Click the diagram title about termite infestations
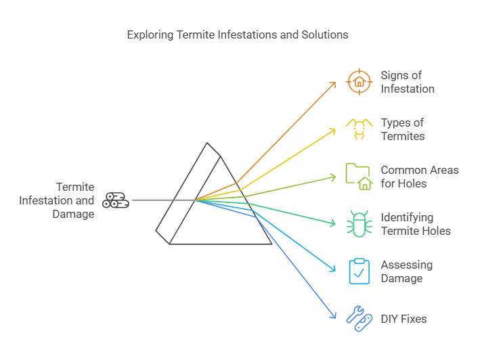[238, 35]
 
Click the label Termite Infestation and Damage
[57, 200]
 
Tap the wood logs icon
[116, 200]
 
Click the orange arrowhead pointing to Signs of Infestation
[334, 83]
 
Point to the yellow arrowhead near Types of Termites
[333, 129]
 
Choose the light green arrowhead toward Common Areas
[333, 177]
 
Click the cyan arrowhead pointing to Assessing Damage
[333, 270]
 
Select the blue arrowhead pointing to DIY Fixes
[332, 315]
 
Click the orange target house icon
[359, 82]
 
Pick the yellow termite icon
[359, 129]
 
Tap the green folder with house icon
[359, 177]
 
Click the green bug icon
[359, 224]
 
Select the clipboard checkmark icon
[359, 271]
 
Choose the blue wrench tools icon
[359, 318]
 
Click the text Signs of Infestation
[407, 82]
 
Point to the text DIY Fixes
[403, 319]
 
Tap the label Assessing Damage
[406, 271]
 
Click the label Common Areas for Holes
[419, 177]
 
